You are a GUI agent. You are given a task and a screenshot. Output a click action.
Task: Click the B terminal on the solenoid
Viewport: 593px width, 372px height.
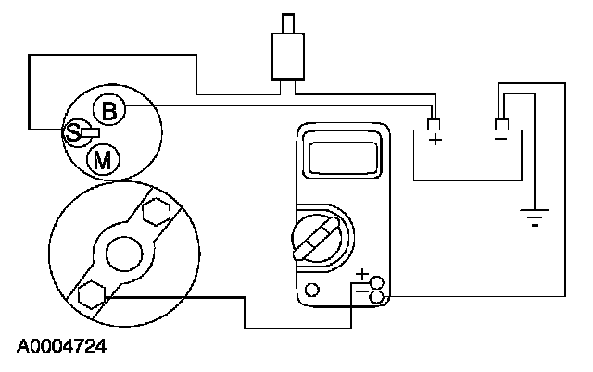(x=109, y=112)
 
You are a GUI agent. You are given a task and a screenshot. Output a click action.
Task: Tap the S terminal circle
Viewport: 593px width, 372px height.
(x=72, y=133)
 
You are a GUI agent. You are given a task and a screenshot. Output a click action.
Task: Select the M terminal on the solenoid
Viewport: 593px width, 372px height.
(x=104, y=160)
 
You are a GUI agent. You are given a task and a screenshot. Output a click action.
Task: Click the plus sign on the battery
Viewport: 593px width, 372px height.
(x=435, y=141)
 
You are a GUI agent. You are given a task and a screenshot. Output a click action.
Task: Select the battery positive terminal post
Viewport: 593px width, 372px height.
(x=434, y=124)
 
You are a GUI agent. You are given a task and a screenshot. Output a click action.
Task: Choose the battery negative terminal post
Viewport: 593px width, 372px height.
(x=500, y=124)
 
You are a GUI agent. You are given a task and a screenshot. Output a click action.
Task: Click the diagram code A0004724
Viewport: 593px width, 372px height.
(x=61, y=348)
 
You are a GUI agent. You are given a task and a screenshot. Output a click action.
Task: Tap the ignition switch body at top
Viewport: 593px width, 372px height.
(x=286, y=56)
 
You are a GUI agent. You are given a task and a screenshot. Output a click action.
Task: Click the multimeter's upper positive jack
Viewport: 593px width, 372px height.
(x=376, y=282)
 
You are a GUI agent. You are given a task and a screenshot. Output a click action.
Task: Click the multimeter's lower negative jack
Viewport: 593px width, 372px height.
(x=376, y=296)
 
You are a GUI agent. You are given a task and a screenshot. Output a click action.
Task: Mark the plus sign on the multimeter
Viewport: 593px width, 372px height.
(x=362, y=275)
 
